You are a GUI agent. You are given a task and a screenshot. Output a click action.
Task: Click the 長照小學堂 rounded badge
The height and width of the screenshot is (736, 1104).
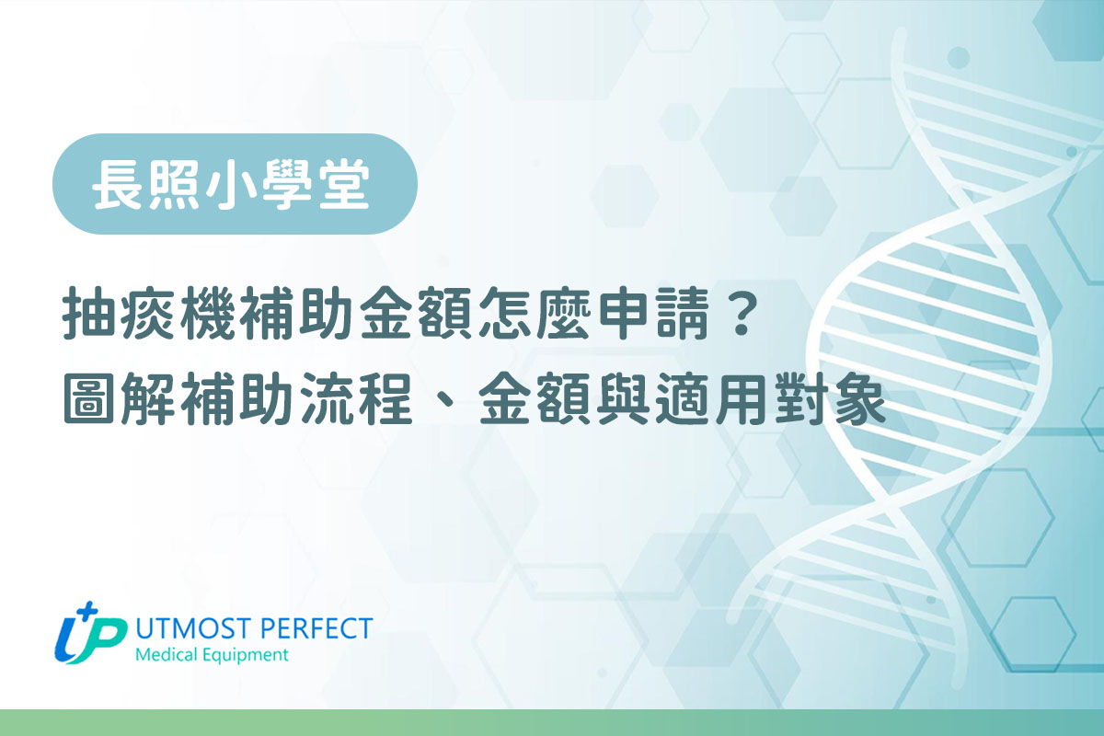[235, 184]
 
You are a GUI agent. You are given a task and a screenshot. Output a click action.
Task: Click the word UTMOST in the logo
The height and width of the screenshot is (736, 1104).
[189, 629]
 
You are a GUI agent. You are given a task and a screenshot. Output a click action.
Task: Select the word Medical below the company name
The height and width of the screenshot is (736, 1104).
[165, 656]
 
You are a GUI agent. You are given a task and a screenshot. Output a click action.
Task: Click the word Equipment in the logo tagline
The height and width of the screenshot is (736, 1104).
[244, 656]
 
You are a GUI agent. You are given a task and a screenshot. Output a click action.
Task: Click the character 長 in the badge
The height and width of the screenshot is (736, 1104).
[118, 184]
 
